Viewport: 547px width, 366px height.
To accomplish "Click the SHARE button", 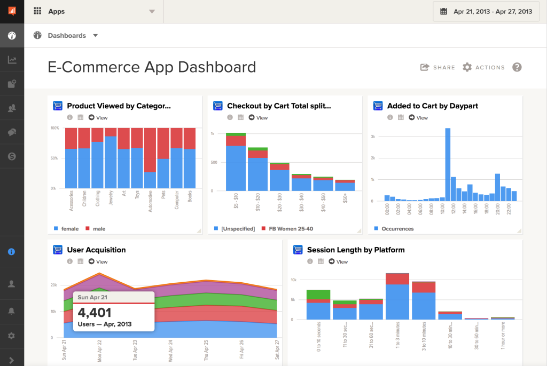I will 437,67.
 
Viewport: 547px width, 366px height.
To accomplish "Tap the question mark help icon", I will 517,67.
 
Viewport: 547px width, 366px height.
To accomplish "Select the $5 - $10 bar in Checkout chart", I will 236,165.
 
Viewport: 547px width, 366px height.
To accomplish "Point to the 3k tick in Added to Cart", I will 374,137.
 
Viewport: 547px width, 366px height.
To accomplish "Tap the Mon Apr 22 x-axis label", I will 99,349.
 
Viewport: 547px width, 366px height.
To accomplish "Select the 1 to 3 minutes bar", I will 397,299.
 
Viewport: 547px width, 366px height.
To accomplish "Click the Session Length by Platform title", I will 356,250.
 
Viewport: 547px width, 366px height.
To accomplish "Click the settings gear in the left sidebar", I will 11,336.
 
